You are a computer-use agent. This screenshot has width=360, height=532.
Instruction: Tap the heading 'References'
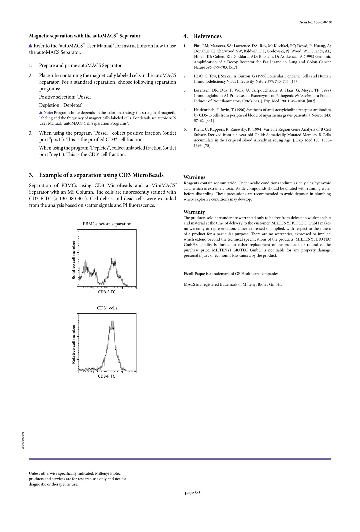(207, 36)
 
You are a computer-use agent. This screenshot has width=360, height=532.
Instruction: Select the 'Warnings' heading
(194, 177)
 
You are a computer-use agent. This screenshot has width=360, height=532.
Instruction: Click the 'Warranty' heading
(194, 212)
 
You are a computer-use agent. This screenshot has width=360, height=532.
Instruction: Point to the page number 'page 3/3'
(193, 493)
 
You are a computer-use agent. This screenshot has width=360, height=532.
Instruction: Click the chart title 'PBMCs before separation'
(107, 224)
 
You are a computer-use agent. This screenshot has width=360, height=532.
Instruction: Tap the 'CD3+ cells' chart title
(107, 308)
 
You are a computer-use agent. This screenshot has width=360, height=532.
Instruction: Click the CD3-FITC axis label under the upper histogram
(107, 292)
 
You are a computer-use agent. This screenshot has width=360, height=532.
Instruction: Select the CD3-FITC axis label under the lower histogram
(107, 376)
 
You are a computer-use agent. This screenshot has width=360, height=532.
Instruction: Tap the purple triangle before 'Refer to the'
(31, 46)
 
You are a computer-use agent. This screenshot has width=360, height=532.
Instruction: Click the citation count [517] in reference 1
(233, 67)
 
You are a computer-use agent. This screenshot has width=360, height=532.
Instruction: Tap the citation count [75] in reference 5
(207, 146)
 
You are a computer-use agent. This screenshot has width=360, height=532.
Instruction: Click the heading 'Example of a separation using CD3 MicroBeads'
(101, 175)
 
